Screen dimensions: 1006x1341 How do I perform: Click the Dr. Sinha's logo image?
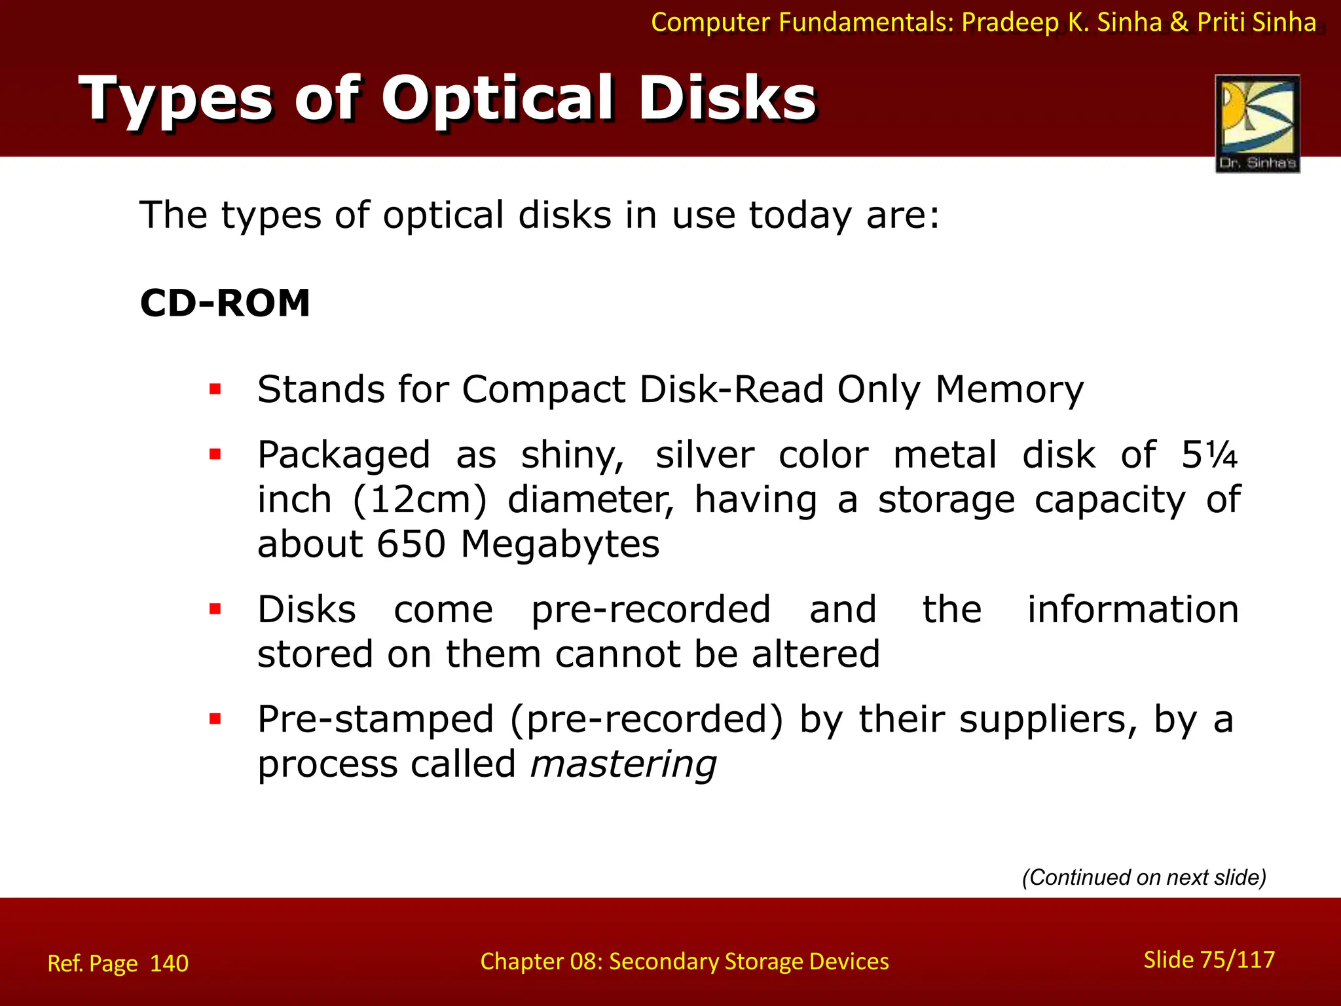coord(1257,123)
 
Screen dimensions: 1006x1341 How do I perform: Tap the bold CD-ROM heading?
coord(225,303)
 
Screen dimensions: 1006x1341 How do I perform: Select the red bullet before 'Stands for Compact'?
coord(215,390)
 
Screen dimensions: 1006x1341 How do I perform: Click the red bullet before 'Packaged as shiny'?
coord(215,454)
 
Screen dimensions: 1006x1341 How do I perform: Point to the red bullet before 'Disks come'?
coord(215,609)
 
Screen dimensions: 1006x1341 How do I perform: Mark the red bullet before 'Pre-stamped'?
coord(215,718)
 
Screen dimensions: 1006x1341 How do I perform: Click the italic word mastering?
coord(623,764)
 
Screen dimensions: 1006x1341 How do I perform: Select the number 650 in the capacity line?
coord(411,544)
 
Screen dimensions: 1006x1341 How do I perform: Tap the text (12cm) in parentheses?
coord(420,500)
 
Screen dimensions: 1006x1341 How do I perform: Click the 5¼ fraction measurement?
coord(1209,455)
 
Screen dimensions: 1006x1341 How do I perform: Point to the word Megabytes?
coord(560,545)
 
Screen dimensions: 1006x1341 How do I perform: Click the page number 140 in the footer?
coord(169,963)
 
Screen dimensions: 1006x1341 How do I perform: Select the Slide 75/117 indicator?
coord(1209,959)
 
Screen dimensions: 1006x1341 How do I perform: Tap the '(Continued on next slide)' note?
coord(1144,877)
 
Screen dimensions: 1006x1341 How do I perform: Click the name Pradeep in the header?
coord(1010,23)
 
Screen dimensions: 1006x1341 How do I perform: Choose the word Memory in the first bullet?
coord(1009,390)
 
